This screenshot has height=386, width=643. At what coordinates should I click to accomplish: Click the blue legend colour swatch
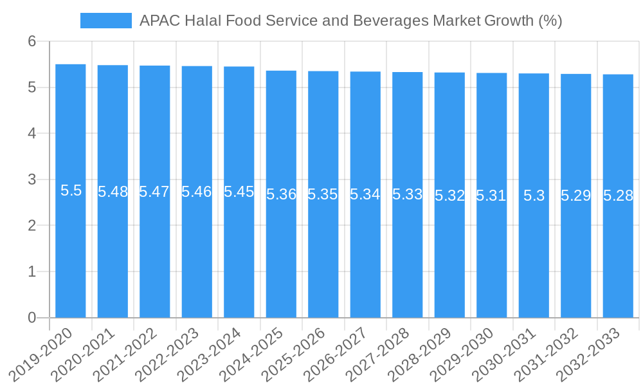(105, 21)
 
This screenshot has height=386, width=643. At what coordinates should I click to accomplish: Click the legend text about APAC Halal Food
(350, 21)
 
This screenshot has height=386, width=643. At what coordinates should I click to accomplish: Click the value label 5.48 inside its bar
(113, 192)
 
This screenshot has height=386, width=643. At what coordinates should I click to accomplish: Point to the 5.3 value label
(534, 196)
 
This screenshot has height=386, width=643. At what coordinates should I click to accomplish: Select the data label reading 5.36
(281, 194)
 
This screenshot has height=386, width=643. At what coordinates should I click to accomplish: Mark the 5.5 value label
(71, 190)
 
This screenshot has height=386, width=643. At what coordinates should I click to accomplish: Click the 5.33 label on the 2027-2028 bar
(408, 194)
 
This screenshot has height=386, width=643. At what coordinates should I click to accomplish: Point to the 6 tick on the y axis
(32, 42)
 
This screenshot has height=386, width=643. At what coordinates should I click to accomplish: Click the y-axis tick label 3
(32, 179)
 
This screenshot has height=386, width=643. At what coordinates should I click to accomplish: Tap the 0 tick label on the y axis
(32, 318)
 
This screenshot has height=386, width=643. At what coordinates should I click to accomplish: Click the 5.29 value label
(575, 196)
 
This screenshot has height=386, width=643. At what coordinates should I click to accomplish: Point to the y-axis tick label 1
(32, 271)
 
